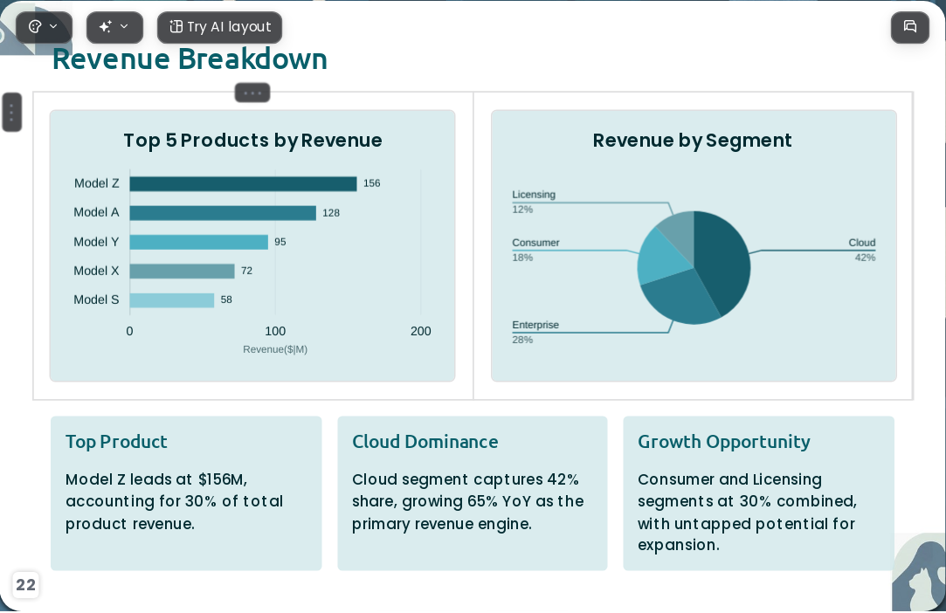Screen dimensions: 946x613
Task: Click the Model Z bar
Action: pyautogui.click(x=243, y=183)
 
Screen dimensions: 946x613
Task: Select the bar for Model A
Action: pyautogui.click(x=223, y=213)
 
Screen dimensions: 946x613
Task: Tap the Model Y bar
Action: pyautogui.click(x=198, y=242)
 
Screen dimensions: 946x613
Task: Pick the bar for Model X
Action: pyautogui.click(x=182, y=271)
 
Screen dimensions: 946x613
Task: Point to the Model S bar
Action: pyautogui.click(x=172, y=300)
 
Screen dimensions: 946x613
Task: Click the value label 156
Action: pyautogui.click(x=371, y=183)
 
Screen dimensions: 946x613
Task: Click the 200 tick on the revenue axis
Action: pyautogui.click(x=420, y=331)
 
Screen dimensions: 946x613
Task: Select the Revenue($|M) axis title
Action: pyautogui.click(x=275, y=349)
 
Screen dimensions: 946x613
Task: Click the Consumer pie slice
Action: pyautogui.click(x=660, y=257)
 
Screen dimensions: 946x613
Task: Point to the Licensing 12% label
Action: pyautogui.click(x=534, y=202)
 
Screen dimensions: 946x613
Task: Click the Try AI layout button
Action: pyautogui.click(x=219, y=27)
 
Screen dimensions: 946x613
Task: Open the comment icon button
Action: pyautogui.click(x=910, y=27)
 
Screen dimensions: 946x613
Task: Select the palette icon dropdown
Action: pyautogui.click(x=44, y=27)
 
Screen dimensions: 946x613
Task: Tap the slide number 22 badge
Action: pyautogui.click(x=25, y=585)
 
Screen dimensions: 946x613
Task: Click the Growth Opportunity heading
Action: pyautogui.click(x=723, y=442)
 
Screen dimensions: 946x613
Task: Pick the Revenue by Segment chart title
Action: pyautogui.click(x=693, y=141)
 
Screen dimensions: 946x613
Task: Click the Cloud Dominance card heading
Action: pyautogui.click(x=425, y=442)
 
